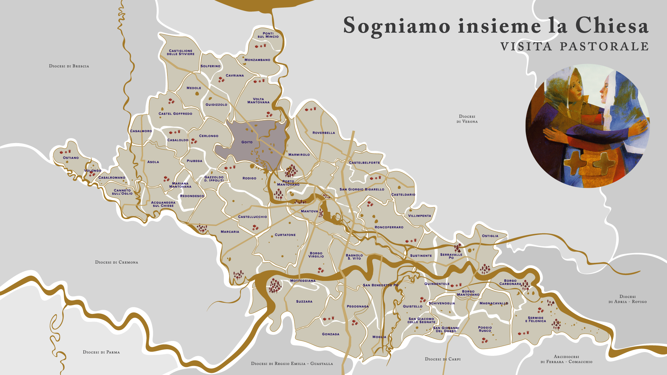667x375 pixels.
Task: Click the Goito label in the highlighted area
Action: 247,142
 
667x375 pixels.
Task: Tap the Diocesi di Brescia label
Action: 69,66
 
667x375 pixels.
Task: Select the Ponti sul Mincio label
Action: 268,35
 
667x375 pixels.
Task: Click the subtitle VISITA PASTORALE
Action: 575,47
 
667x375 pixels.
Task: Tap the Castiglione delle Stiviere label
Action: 181,52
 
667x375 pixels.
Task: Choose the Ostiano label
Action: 71,158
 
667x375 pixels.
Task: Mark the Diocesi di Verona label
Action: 467,119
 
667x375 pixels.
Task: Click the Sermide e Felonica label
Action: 535,319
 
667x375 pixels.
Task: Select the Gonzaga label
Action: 330,334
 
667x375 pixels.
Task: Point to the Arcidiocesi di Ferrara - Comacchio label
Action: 566,359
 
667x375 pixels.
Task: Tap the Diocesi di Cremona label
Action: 116,262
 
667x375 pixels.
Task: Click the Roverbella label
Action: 323,133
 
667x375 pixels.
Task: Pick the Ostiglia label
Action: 490,236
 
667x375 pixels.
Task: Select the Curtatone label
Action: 285,235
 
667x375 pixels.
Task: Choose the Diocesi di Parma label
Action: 101,352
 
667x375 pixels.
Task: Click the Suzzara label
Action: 304,301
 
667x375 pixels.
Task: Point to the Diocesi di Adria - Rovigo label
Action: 627,299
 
